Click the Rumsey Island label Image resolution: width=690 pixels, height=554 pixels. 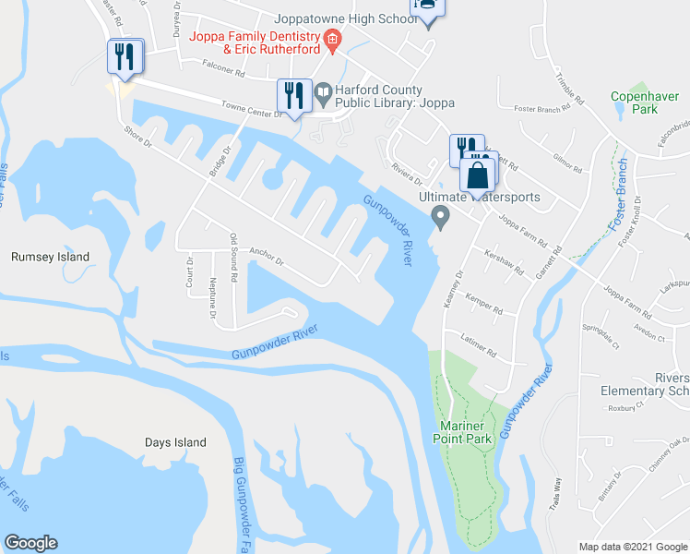point(50,257)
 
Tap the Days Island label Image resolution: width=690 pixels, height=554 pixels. point(175,442)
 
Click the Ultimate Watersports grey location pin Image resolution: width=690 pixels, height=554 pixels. point(441,218)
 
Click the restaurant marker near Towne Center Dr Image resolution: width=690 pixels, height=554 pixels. point(291,95)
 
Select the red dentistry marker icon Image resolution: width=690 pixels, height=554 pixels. point(332,40)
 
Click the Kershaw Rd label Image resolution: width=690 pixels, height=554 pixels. point(504,264)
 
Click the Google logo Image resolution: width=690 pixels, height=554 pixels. point(31,543)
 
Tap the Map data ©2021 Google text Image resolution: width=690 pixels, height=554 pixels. point(632,547)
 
